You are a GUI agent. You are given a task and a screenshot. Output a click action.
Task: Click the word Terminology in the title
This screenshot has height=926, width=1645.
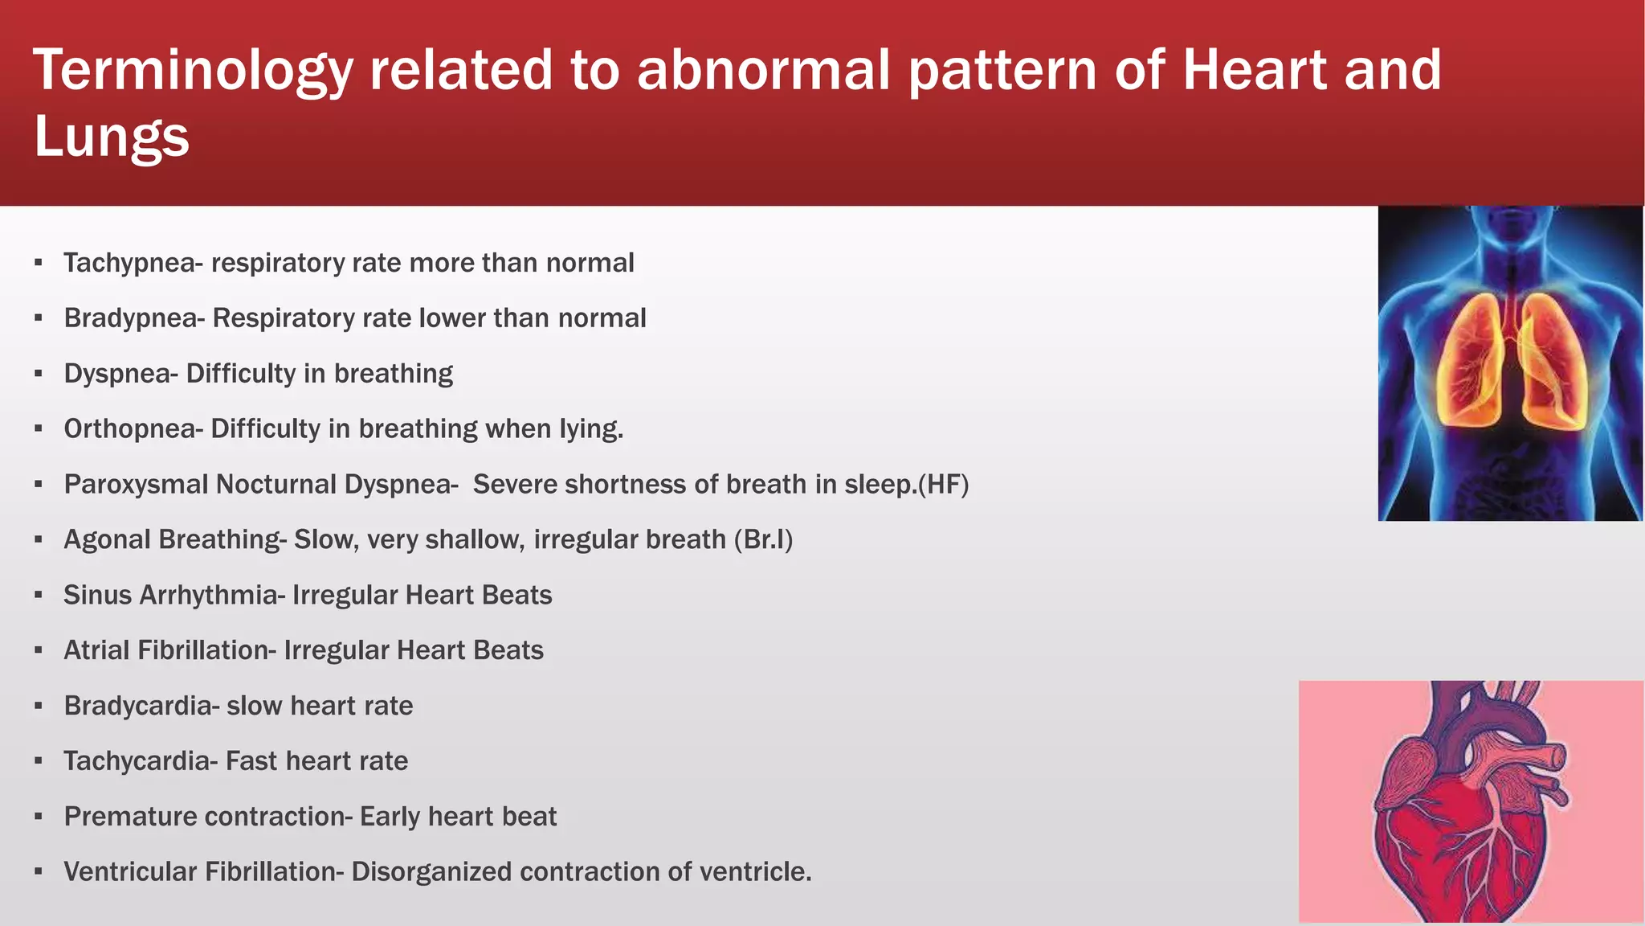(193, 71)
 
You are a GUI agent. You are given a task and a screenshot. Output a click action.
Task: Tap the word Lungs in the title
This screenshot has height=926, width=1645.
(111, 137)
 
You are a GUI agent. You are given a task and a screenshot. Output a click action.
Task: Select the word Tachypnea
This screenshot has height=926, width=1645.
(129, 264)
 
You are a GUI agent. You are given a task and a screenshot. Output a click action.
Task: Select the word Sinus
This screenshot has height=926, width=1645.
(97, 596)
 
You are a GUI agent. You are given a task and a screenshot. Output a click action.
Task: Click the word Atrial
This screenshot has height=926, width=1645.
(96, 651)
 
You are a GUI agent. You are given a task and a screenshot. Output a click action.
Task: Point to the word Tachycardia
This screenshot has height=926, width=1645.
(136, 762)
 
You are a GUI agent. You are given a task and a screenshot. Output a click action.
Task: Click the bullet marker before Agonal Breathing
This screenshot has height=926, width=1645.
(38, 540)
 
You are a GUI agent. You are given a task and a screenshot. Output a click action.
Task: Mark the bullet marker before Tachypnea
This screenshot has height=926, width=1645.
(38, 263)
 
